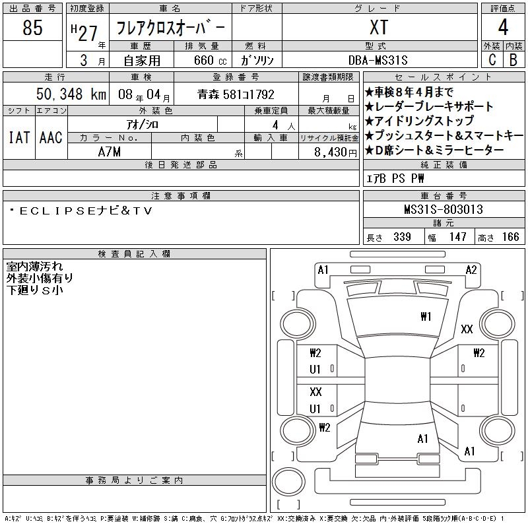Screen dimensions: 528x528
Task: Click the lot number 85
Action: click(32, 28)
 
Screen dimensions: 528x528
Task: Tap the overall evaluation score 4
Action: click(503, 28)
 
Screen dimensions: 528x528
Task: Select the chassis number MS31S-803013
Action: click(444, 210)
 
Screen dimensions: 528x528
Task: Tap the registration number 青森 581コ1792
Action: click(236, 94)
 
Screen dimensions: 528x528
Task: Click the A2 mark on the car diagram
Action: click(471, 269)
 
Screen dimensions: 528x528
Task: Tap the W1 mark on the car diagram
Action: click(426, 316)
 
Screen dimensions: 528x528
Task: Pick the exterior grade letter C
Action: click(492, 59)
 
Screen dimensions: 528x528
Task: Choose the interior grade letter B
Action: click(513, 59)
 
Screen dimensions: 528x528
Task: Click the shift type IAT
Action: click(19, 137)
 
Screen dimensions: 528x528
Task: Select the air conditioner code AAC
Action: click(51, 137)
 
